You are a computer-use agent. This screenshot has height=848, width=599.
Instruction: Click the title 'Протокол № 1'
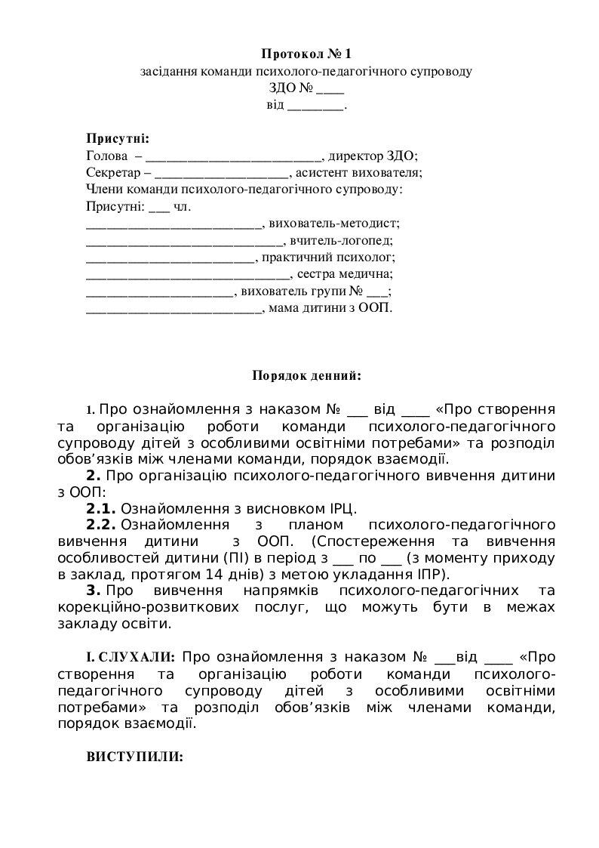(x=306, y=54)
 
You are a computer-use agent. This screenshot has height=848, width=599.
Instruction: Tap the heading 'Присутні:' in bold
(x=118, y=139)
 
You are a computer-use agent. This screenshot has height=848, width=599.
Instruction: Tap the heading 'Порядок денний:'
(x=306, y=375)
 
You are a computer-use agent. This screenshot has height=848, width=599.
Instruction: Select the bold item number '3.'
(x=94, y=590)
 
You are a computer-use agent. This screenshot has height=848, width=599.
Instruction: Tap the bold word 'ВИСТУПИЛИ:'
(x=134, y=757)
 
